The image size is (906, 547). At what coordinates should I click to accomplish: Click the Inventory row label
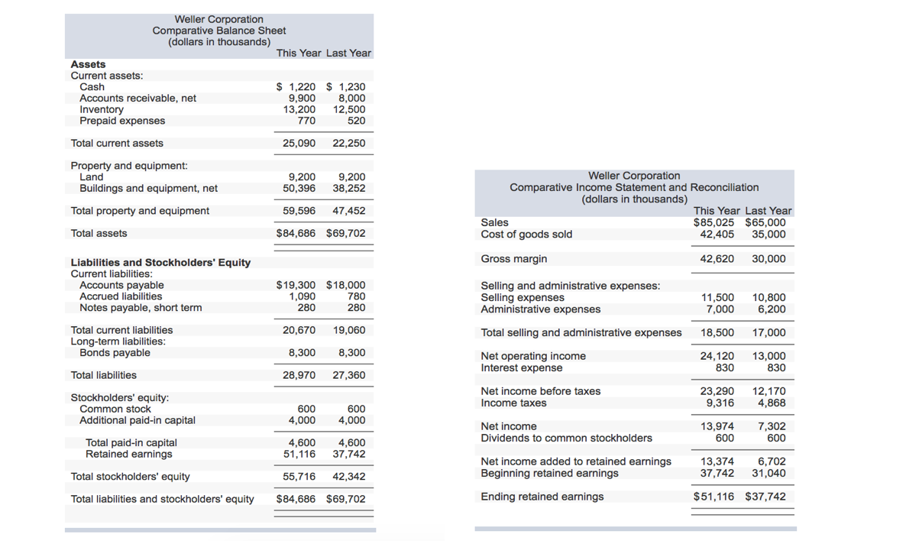pos(102,109)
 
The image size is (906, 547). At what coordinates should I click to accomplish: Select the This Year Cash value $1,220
pos(296,87)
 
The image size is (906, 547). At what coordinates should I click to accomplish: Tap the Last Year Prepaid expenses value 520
pos(356,121)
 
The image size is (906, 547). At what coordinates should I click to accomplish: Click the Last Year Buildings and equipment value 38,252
pos(349,188)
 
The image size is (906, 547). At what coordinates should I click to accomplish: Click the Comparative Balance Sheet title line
pos(219,31)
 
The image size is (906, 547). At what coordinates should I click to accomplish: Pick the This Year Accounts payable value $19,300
pos(296,285)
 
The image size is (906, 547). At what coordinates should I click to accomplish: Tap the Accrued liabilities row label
pos(121,296)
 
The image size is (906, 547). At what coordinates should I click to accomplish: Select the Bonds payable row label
pos(115,353)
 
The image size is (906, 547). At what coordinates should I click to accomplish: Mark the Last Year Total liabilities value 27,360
pos(349,375)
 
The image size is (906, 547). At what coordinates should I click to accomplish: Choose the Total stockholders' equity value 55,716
pos(299,477)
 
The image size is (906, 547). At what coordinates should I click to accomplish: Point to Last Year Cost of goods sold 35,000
pos(768,235)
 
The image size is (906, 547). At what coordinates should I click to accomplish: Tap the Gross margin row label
pos(514,259)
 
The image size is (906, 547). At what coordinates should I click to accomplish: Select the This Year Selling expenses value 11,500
pos(717,298)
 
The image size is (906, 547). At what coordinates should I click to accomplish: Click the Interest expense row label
pos(522,368)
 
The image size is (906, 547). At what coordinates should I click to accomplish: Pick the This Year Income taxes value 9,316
pos(720,403)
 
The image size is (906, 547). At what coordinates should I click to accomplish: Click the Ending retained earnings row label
pos(542,497)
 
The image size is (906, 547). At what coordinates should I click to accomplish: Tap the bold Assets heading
pos(89,64)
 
